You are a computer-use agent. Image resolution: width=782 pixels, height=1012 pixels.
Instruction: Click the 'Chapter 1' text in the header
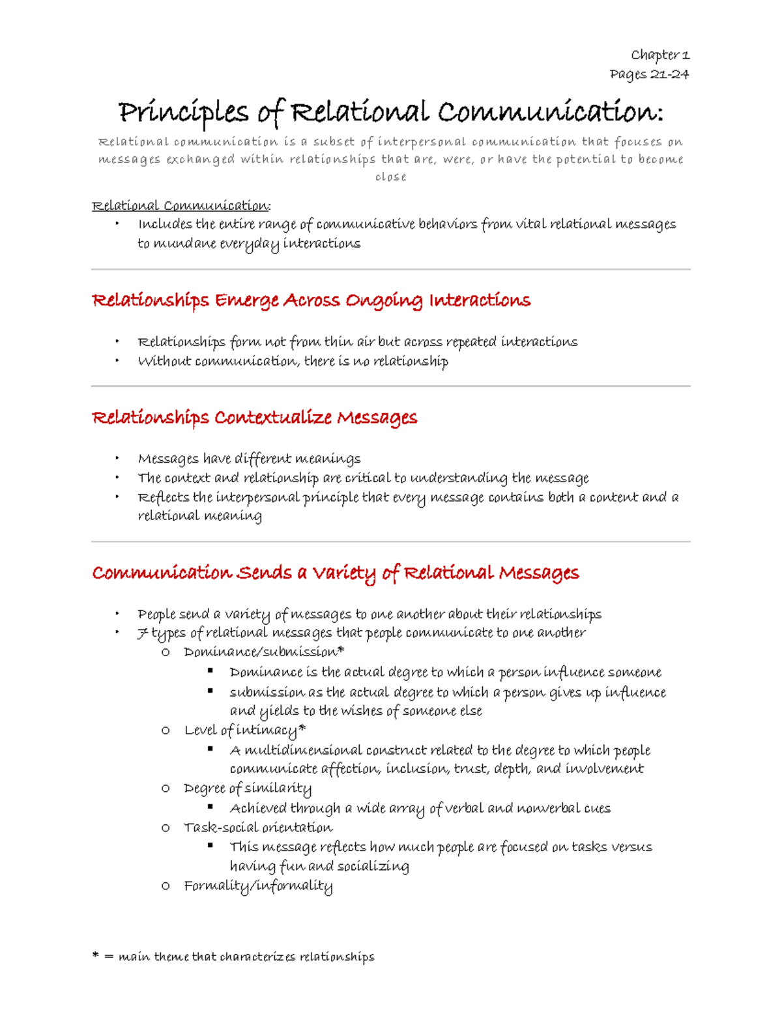(x=659, y=55)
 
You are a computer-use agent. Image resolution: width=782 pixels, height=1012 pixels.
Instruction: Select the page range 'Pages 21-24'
(x=649, y=74)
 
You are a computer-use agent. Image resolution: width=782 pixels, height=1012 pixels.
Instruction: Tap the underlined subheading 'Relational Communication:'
(x=181, y=206)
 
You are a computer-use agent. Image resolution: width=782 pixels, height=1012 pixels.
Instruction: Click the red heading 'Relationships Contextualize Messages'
(x=254, y=417)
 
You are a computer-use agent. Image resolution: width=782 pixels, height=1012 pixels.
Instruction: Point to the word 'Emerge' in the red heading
(x=246, y=300)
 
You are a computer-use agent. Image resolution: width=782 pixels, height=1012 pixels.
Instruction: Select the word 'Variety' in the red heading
(x=343, y=573)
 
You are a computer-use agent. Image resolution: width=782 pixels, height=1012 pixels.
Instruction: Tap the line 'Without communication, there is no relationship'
(x=293, y=361)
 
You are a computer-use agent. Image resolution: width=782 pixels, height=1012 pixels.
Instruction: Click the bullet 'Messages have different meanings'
(x=249, y=459)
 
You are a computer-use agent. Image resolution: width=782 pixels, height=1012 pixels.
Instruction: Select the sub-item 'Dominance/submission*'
(x=263, y=652)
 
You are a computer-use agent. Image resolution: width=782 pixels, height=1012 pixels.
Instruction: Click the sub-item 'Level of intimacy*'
(x=244, y=730)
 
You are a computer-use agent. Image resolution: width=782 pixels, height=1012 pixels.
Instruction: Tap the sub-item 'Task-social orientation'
(x=258, y=827)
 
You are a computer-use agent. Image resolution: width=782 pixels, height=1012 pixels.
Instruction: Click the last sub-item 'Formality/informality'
(x=258, y=886)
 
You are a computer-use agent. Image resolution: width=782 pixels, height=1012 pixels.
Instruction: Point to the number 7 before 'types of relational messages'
(x=143, y=633)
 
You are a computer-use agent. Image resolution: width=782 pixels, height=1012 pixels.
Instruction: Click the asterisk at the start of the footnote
(x=95, y=955)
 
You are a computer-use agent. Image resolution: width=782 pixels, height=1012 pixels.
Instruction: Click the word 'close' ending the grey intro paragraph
(x=390, y=177)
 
